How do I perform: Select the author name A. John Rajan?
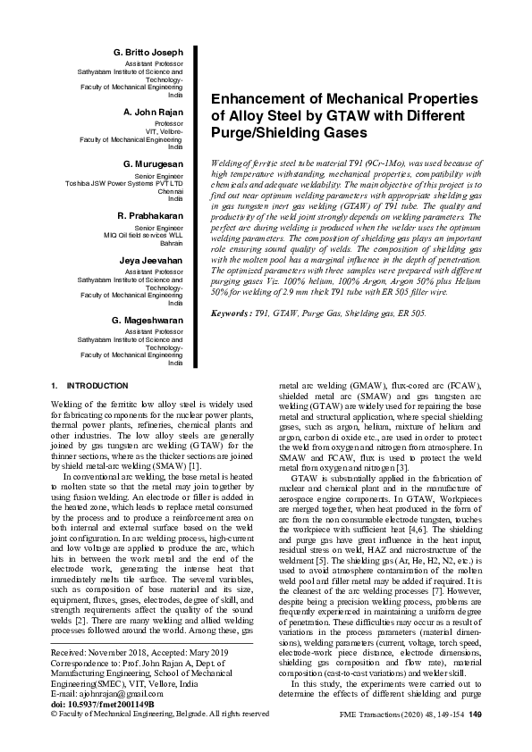click(153, 111)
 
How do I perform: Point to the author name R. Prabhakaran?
click(149, 215)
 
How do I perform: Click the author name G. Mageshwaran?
click(148, 319)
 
